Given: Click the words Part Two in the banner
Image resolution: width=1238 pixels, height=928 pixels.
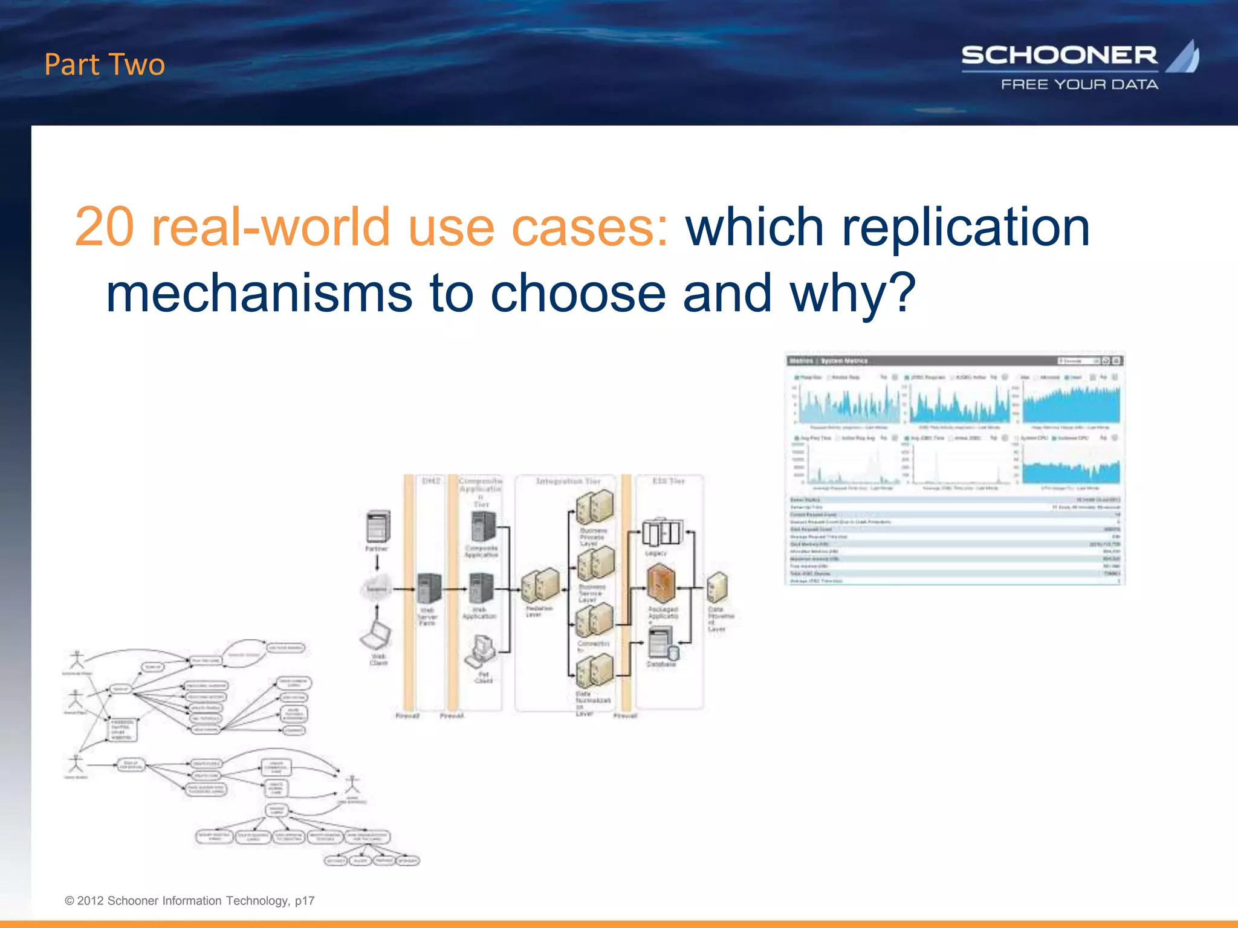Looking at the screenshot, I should pos(105,65).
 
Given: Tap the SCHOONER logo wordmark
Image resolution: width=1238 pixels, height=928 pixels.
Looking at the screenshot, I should pos(1059,56).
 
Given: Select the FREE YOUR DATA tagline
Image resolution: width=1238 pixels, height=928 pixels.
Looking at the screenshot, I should pos(1080,85).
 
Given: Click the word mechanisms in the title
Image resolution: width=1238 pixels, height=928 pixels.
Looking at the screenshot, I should pos(259,293).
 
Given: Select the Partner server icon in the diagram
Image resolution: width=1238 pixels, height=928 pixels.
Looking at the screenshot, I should pos(377,526).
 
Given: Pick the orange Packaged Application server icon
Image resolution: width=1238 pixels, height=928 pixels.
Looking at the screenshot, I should pos(661,584).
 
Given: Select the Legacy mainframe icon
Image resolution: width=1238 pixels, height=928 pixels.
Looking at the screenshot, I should pos(661,532).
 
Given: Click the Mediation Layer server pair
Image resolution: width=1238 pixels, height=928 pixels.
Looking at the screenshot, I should pos(540,585).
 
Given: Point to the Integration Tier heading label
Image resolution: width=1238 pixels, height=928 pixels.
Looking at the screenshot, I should pos(568,482).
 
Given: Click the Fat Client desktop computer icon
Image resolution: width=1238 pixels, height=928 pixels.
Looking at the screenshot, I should pos(481,651).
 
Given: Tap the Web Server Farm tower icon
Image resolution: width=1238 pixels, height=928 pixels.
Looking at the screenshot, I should pos(429,588).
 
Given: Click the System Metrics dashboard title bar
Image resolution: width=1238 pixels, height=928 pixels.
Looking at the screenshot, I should pos(954,361).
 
